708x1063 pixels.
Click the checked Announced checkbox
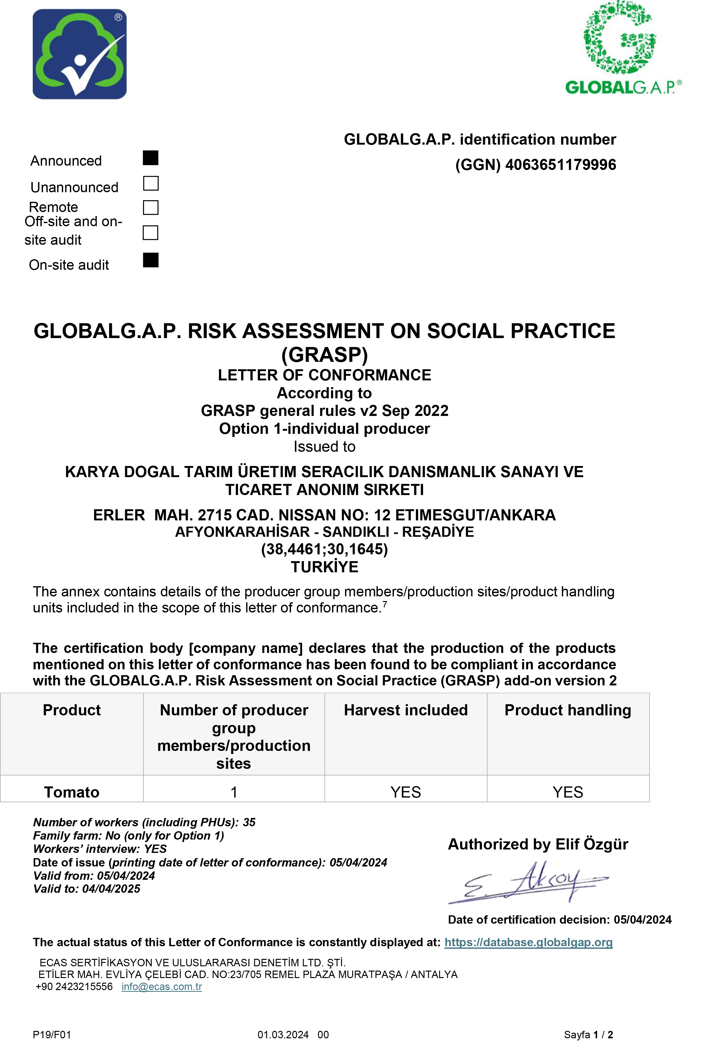point(150,158)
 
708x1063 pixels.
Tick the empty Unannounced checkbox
point(150,183)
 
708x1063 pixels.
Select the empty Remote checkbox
point(150,208)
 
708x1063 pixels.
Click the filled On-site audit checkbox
point(150,260)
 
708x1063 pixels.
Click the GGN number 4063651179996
point(560,165)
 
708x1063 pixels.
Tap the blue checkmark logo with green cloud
point(79,54)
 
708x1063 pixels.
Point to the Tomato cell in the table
point(72,792)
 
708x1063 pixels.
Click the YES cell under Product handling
point(567,792)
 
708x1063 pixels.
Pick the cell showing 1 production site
point(234,792)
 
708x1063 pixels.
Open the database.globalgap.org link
point(528,942)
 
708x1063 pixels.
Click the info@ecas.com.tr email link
point(162,987)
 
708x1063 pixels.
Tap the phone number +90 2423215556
point(74,987)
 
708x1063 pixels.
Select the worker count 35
point(249,822)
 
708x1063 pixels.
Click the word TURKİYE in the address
point(324,567)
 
